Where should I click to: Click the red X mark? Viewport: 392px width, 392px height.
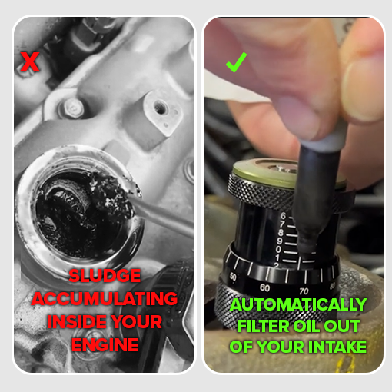(x=30, y=61)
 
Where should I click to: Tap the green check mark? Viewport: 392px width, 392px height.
(x=236, y=62)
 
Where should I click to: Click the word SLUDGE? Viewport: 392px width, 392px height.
(x=105, y=276)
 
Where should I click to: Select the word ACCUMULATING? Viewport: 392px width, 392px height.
(x=105, y=298)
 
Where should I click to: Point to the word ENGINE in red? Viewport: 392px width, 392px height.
(x=105, y=344)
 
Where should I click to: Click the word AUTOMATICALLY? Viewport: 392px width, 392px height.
(x=298, y=304)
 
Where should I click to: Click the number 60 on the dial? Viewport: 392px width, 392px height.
(x=264, y=288)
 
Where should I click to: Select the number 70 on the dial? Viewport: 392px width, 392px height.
(x=304, y=291)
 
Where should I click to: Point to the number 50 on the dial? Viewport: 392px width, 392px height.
(x=233, y=277)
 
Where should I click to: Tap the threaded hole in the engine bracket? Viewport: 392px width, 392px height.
(x=160, y=108)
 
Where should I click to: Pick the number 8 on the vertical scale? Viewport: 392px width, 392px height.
(x=281, y=233)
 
